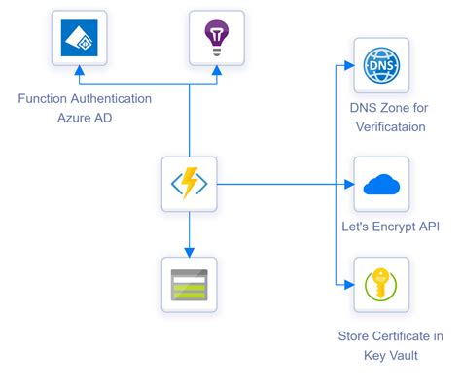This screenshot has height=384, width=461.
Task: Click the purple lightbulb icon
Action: coord(216,38)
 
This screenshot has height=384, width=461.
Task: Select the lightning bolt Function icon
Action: coord(189,183)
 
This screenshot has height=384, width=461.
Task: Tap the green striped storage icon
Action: coord(189,285)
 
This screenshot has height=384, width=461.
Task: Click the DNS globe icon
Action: coord(381,65)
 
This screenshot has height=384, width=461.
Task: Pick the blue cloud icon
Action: coord(381,183)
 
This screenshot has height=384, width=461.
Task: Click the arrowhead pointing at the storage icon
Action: coord(189,252)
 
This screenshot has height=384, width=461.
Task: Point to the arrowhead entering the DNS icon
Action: coord(347,65)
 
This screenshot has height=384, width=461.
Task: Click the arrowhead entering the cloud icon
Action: coord(347,183)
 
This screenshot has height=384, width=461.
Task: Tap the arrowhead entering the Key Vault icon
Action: coord(347,285)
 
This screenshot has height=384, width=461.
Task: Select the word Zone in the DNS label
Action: coord(379,107)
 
